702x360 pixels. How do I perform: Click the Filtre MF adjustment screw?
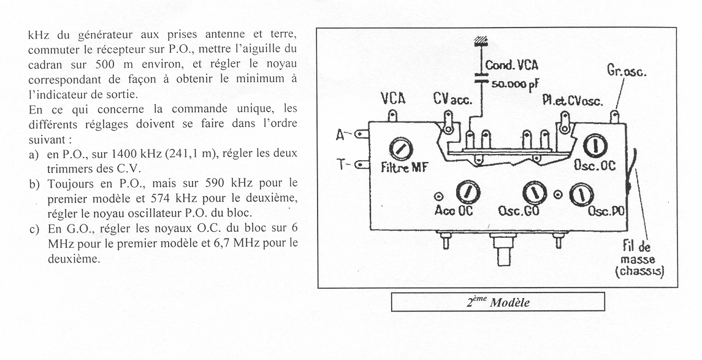click(404, 148)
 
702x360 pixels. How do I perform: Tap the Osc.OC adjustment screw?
click(592, 146)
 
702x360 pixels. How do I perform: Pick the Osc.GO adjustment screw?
click(532, 193)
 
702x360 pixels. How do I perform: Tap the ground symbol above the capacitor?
click(481, 42)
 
